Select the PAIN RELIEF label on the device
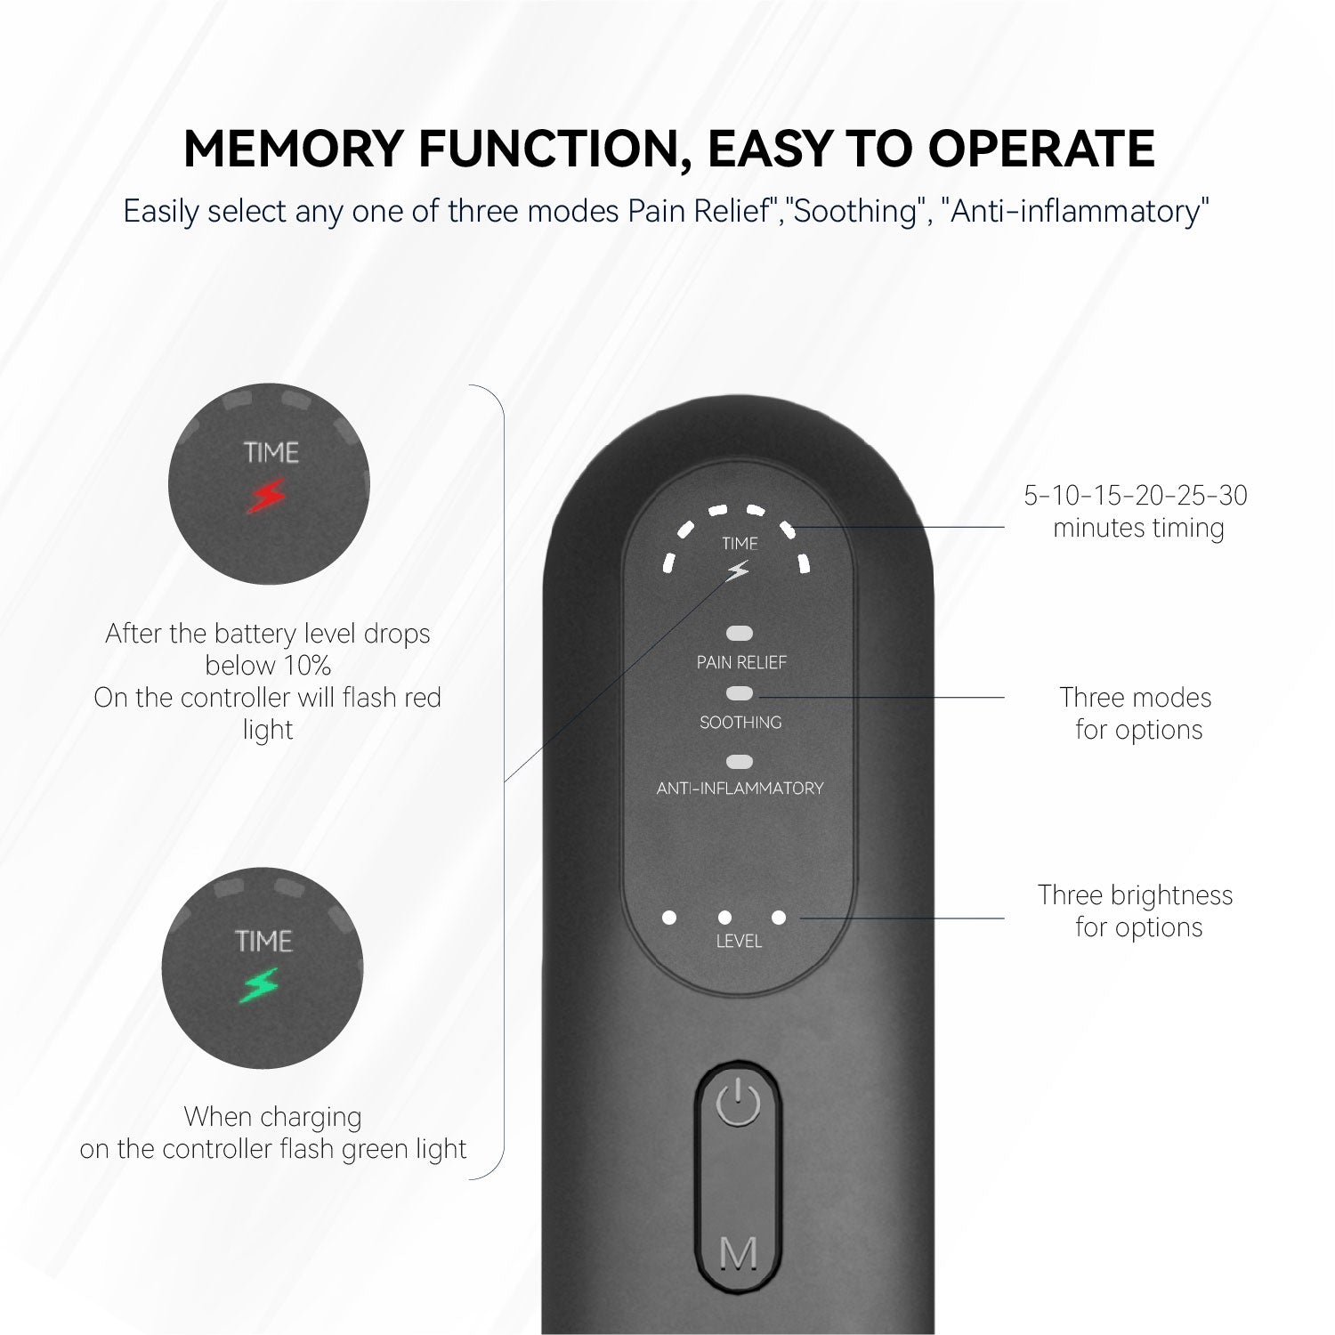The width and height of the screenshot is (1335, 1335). point(740,662)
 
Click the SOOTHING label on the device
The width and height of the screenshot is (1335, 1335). point(740,722)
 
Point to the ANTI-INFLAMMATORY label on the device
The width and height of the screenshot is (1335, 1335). point(740,788)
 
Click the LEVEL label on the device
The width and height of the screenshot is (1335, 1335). point(739,941)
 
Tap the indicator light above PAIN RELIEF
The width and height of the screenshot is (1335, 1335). point(740,634)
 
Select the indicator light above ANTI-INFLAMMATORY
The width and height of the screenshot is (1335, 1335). point(740,762)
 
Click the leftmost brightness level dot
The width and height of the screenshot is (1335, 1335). point(669,918)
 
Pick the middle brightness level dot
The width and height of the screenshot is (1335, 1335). point(724,918)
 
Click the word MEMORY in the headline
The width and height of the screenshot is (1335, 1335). point(294,149)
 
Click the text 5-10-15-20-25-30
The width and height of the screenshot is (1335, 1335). point(1136,495)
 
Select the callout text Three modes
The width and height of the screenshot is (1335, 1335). point(1136,697)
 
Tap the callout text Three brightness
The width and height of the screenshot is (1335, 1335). point(1136,894)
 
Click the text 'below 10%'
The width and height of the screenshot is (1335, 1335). point(268,665)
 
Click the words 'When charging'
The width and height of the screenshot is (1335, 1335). point(273,1116)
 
